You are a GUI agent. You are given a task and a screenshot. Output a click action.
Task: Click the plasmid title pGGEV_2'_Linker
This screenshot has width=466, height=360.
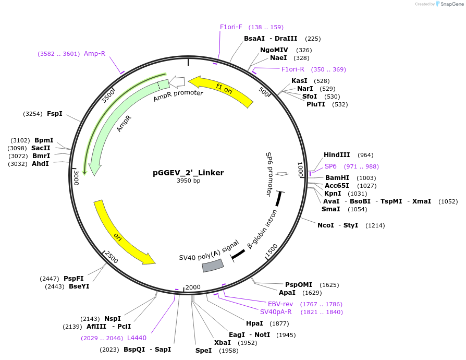[x=188, y=173]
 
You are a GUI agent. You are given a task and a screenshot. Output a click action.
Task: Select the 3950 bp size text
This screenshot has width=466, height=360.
[x=188, y=181]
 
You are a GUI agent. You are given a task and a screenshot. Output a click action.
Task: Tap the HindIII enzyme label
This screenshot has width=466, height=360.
[x=337, y=155]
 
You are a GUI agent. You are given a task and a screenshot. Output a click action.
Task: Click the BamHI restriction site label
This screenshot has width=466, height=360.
[x=337, y=178]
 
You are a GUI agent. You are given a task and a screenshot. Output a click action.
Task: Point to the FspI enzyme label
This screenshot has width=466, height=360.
[x=55, y=113]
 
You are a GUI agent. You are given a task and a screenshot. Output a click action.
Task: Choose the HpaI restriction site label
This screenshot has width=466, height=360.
[x=254, y=323]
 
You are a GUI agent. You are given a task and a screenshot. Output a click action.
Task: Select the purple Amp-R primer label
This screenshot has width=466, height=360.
[x=95, y=53]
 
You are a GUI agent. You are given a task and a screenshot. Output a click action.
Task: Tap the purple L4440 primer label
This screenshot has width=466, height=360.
[x=137, y=338]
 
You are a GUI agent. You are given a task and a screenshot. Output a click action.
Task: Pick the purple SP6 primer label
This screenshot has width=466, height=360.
[x=331, y=166]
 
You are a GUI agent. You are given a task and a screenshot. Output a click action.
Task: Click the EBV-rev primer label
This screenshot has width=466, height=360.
[x=280, y=304]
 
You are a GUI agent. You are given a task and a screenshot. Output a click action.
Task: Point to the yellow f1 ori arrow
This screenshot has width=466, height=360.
[x=222, y=92]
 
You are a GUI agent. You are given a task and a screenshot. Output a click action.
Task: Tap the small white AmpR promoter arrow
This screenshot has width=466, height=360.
[x=177, y=81]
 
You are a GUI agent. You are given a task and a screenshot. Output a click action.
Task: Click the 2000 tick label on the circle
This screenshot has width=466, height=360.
[x=193, y=287]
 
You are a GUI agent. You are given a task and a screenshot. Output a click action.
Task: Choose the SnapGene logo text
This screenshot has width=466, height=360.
[x=451, y=4]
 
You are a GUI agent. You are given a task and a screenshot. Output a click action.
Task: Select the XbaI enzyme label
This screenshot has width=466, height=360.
[x=223, y=343]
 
